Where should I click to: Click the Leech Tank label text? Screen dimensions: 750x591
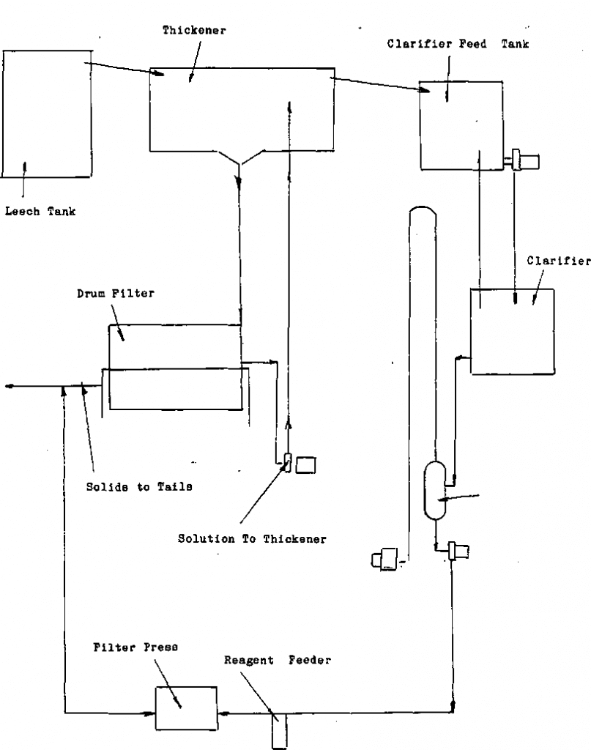tap(40, 212)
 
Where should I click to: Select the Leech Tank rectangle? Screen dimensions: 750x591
tap(47, 114)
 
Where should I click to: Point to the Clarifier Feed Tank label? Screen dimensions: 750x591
tap(458, 45)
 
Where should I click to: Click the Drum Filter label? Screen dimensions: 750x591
tap(116, 294)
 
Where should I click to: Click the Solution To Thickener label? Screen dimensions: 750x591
tap(253, 539)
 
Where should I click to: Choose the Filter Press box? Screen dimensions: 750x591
tap(186, 708)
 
